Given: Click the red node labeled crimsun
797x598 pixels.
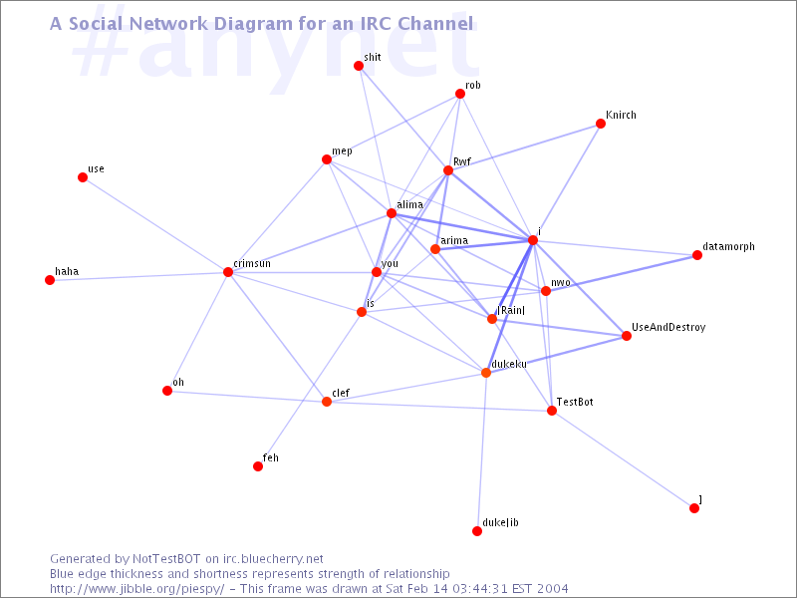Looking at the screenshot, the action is click(228, 272).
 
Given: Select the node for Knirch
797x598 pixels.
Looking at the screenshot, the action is click(601, 124).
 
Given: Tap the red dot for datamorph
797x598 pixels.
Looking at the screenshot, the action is click(696, 255).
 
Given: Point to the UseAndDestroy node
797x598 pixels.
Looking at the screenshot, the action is click(627, 336).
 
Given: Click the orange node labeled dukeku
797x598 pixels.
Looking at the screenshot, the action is click(486, 373).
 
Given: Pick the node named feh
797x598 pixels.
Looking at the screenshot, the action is click(258, 466).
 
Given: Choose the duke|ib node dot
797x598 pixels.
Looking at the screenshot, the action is click(477, 531).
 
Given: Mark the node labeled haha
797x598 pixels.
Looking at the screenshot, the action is click(50, 280).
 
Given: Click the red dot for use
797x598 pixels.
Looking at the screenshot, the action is click(83, 177).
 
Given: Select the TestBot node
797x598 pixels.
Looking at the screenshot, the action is click(552, 411).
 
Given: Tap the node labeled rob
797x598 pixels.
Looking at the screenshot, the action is click(460, 94).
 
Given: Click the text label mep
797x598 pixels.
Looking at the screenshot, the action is click(342, 151).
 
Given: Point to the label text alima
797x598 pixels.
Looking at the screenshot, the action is click(410, 204).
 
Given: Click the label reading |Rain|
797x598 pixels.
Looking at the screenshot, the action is click(511, 310).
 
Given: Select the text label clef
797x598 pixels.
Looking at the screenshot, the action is click(341, 393).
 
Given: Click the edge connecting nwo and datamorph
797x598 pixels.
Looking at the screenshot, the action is click(621, 273).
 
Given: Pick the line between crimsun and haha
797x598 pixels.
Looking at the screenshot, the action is click(138, 276).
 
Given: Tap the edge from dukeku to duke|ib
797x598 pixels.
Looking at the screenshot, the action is click(481, 451).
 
